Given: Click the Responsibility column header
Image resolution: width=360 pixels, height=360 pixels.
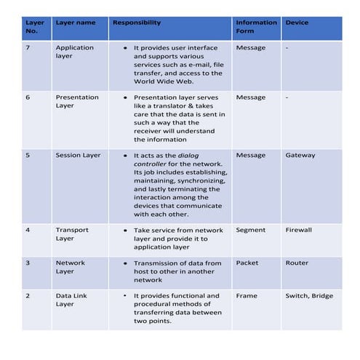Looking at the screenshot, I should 137,23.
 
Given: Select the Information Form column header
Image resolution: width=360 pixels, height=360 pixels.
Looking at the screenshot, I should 256,26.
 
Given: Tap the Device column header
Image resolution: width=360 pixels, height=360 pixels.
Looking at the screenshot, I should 297,23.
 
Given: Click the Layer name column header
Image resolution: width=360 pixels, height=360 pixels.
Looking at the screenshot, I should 76,23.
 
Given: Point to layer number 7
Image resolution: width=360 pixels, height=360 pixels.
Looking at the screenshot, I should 28,47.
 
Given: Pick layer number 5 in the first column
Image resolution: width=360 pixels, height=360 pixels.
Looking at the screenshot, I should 28,155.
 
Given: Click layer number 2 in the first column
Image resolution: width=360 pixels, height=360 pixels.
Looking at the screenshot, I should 28,296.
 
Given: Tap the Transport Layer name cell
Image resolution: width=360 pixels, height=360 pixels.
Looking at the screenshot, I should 72,234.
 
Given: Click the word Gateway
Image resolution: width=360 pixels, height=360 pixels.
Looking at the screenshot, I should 300,155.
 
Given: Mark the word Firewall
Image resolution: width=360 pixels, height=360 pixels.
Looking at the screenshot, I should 298,230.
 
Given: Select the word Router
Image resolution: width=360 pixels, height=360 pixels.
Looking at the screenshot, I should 297,263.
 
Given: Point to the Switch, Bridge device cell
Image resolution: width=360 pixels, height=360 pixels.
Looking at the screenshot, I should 311,296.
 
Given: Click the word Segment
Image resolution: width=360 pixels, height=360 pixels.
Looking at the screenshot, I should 251,230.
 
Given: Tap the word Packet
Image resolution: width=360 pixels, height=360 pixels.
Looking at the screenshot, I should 247,263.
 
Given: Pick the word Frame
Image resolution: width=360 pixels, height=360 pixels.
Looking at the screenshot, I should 247,296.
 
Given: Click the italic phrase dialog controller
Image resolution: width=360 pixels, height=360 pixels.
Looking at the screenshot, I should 179,159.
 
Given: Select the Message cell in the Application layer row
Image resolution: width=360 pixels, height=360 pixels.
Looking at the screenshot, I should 251,47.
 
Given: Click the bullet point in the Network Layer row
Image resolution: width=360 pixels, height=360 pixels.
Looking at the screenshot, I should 126,263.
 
